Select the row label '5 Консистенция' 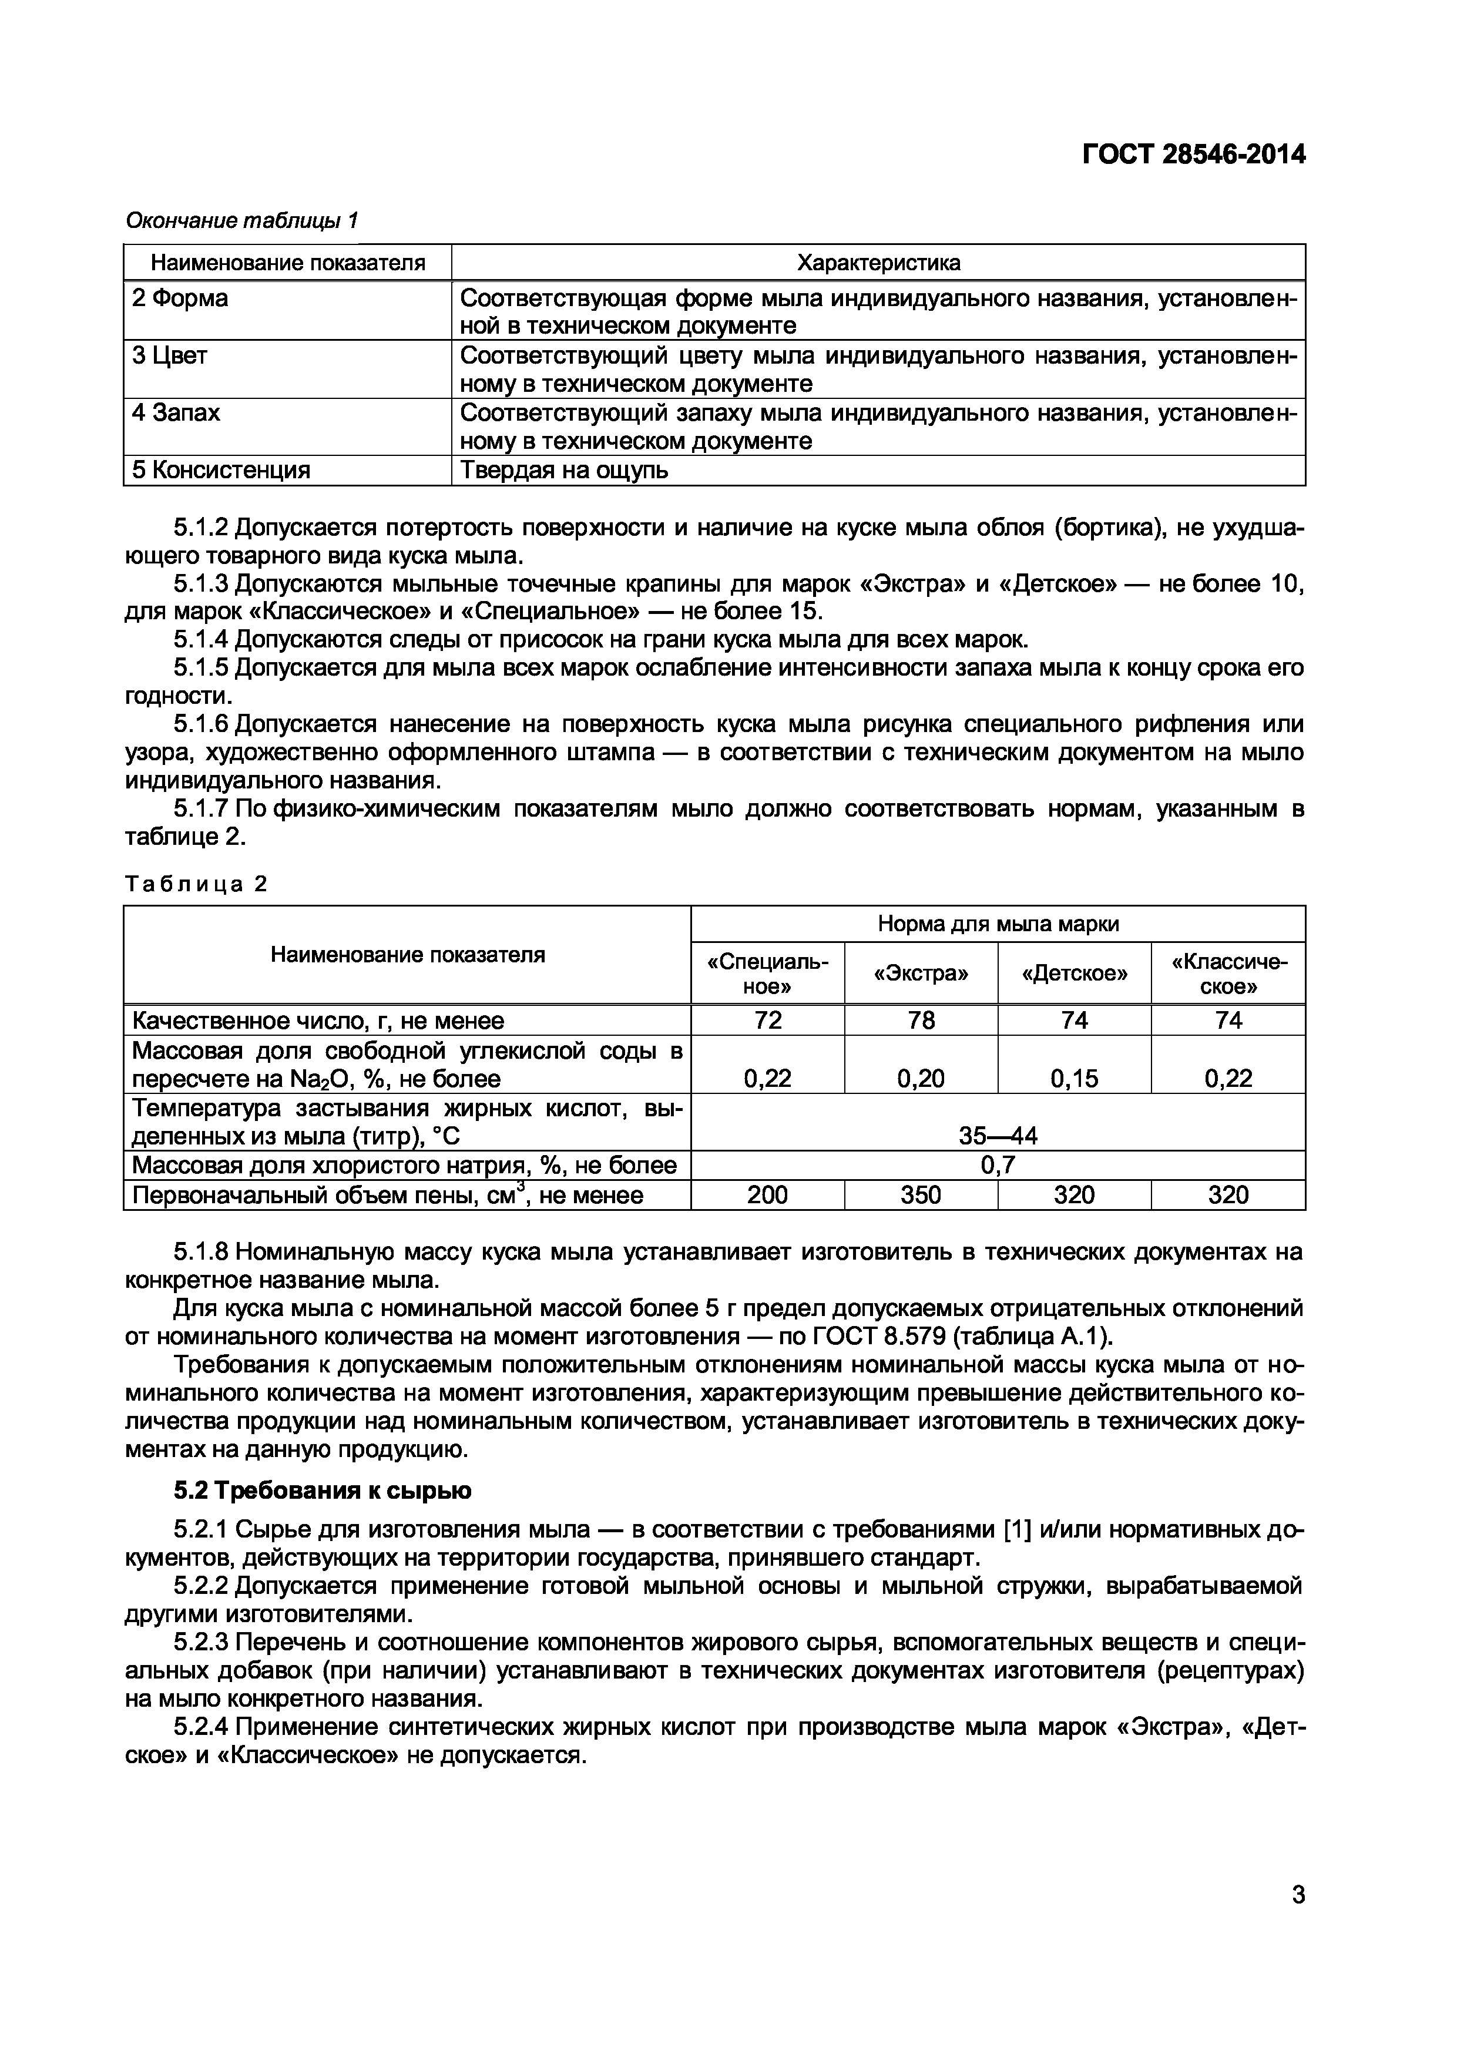pos(221,471)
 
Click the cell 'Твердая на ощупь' pos(564,471)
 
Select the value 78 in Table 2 pos(921,1020)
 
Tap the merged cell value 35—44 pos(998,1136)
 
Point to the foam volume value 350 pos(921,1195)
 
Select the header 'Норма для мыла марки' pos(998,924)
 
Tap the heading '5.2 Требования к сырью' pos(323,1491)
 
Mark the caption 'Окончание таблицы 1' pos(241,220)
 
